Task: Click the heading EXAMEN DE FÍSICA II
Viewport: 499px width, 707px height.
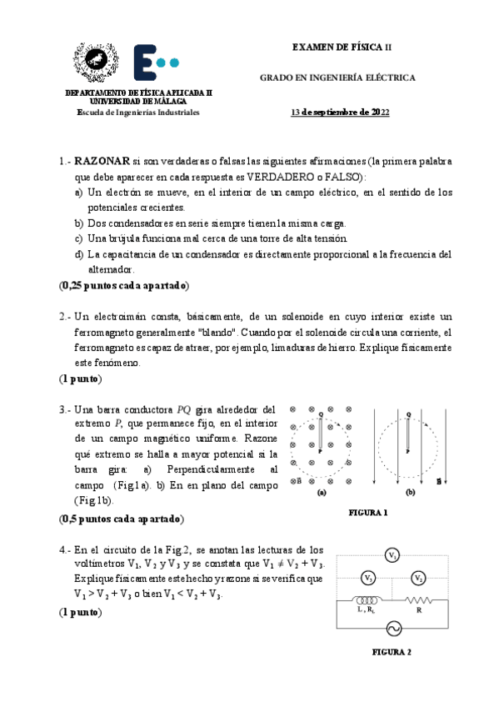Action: pyautogui.click(x=342, y=48)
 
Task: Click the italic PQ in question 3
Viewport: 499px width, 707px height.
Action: pyautogui.click(x=185, y=409)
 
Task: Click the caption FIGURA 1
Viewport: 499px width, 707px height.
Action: pyautogui.click(x=368, y=513)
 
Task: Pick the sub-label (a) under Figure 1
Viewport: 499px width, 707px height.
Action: pyautogui.click(x=321, y=493)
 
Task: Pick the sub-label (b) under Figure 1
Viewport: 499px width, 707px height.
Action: pyautogui.click(x=410, y=493)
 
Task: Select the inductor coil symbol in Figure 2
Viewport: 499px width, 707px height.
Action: pyautogui.click(x=365, y=600)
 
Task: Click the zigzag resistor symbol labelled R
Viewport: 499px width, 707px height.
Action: pyautogui.click(x=417, y=600)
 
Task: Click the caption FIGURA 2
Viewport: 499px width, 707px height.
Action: pyautogui.click(x=392, y=653)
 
